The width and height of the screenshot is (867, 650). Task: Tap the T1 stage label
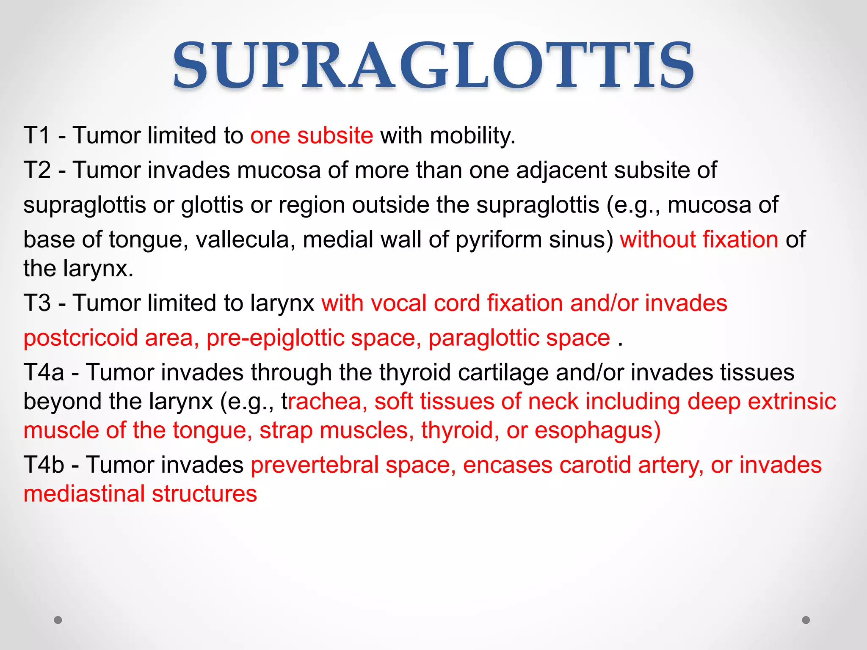pos(37,136)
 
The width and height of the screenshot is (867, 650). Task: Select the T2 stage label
pos(37,171)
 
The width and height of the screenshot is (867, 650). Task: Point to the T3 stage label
pos(37,303)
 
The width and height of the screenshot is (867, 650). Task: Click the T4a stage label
pos(44,373)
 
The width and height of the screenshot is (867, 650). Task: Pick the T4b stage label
pos(44,465)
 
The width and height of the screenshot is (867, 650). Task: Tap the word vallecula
pos(245,240)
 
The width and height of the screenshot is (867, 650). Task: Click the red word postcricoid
pos(81,338)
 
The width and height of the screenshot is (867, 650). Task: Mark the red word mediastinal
pos(84,494)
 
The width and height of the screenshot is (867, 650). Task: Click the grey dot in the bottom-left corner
pos(58,620)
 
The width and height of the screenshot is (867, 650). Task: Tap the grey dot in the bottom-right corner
pos(806,620)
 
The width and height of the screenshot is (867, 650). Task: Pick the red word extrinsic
pos(792,402)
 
